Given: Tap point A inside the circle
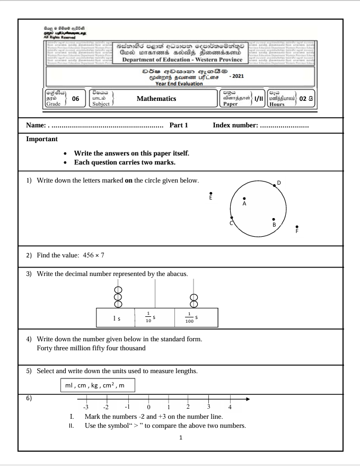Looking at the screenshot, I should click(x=244, y=199).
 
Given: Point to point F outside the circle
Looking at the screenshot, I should click(x=297, y=227).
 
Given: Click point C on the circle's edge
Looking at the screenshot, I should click(x=231, y=218).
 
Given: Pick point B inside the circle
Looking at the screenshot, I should click(x=274, y=219).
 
